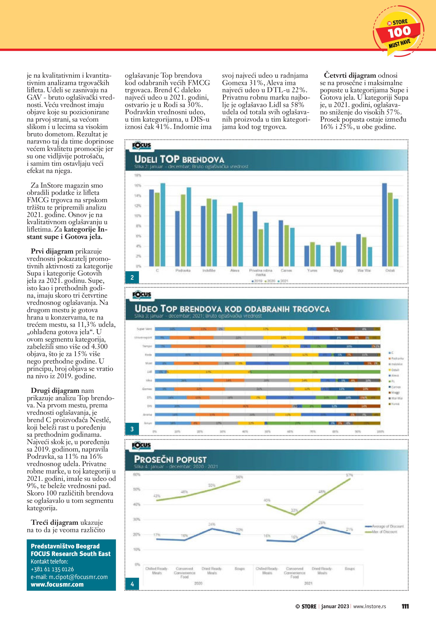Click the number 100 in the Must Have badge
[x=399, y=32]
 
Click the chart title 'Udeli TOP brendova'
[x=179, y=159]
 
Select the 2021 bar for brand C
[x=163, y=224]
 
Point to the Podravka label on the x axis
[x=183, y=270]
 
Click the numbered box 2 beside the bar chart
[x=132, y=277]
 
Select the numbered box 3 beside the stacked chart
[x=132, y=429]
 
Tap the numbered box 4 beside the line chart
[x=132, y=584]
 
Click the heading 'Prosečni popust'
[x=170, y=459]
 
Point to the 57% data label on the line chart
[x=349, y=475]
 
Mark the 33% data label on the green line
[x=294, y=510]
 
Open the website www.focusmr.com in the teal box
[x=57, y=584]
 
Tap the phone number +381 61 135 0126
[x=52, y=569]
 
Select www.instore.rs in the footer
[x=369, y=606]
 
